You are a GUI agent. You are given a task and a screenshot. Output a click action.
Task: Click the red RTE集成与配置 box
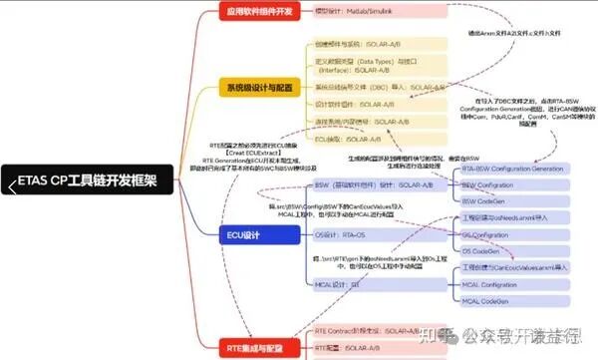click(257, 345)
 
